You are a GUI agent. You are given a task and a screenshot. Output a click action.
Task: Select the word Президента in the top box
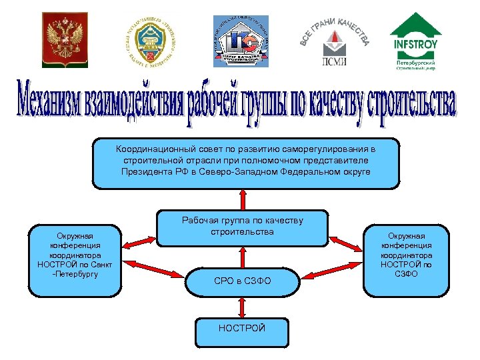[x=147, y=172]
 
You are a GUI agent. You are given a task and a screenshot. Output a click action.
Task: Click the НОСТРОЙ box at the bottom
[x=242, y=329]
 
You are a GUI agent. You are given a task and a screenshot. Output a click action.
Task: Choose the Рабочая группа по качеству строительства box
[x=242, y=227]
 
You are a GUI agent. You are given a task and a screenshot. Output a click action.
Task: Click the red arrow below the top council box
[x=242, y=199]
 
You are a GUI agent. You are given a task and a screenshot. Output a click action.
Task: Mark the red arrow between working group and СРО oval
[x=242, y=257]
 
